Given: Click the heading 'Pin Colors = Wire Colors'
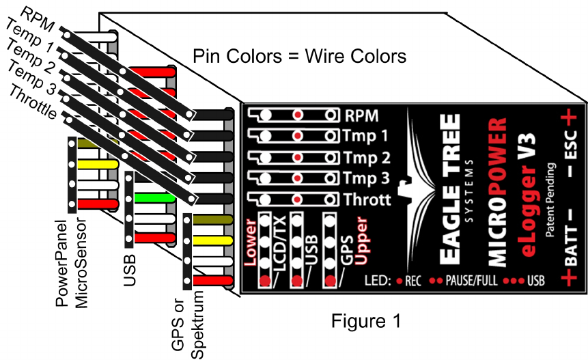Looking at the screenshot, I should [299, 56].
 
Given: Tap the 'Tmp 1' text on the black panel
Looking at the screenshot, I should [368, 135].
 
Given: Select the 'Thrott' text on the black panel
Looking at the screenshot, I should [368, 200].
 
